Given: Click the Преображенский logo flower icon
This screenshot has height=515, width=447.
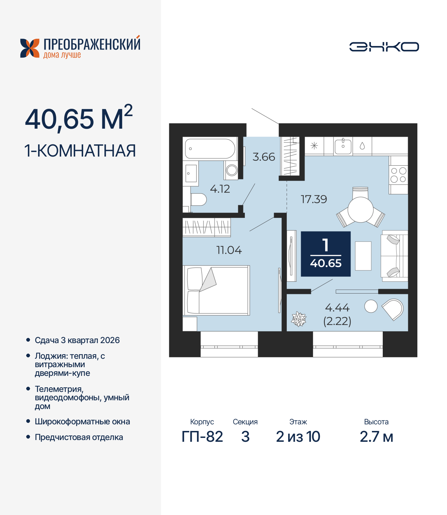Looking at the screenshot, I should (x=30, y=48).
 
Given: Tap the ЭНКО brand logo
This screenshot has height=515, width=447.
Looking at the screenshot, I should (x=384, y=47).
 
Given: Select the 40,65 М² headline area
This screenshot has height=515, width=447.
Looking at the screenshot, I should (x=79, y=119).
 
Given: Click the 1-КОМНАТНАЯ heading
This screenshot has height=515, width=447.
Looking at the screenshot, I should (x=80, y=151).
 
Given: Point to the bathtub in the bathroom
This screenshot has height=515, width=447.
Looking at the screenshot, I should (x=210, y=149).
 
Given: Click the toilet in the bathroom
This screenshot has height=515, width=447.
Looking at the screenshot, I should (x=198, y=199).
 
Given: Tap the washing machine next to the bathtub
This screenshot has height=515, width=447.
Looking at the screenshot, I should (x=231, y=170).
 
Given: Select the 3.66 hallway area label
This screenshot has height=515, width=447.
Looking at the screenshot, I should (x=264, y=157).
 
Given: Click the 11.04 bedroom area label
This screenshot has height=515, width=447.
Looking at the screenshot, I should (x=229, y=250).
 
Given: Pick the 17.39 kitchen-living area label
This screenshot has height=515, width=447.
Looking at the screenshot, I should (x=314, y=199).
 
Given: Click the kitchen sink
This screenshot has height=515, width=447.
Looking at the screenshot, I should (x=343, y=146).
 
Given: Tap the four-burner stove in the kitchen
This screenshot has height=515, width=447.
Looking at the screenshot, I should (x=398, y=175).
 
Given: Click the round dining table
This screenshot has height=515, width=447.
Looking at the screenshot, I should (x=360, y=210).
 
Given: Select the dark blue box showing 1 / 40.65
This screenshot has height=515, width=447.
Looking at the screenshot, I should (x=325, y=254).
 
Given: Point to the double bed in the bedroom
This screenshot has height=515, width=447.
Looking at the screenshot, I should (x=217, y=290).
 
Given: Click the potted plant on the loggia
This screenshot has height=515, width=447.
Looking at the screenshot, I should (x=299, y=319).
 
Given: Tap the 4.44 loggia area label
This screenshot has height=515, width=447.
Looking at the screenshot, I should (x=337, y=308).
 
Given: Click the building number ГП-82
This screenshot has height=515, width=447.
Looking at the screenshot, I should (x=202, y=437).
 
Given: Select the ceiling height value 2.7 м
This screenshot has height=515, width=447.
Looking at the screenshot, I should (x=376, y=437).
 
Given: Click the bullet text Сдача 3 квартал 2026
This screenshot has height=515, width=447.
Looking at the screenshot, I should (x=77, y=340).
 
